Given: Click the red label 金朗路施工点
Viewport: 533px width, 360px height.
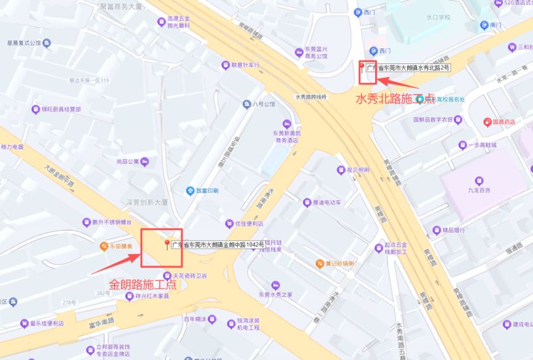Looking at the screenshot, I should point(143,285).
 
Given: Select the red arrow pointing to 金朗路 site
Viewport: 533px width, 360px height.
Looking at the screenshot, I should point(114,264).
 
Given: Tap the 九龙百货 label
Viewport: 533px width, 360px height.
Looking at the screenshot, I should point(479,190).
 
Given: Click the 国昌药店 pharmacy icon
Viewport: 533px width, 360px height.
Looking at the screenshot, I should point(487,122).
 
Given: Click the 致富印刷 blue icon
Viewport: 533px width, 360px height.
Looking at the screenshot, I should point(191,190).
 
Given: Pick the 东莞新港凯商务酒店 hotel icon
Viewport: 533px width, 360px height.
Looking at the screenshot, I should point(286,124).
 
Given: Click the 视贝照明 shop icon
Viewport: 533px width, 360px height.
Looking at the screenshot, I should point(341,170).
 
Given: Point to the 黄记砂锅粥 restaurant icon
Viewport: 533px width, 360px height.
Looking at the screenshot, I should point(320,264).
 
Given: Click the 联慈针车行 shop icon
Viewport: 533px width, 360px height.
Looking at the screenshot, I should point(225,65).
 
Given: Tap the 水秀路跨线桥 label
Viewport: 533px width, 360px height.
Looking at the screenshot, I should point(311,97).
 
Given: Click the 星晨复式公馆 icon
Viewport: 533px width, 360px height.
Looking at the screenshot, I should point(48,43).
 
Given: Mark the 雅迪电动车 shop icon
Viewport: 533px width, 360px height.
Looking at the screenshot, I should point(307,202).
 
